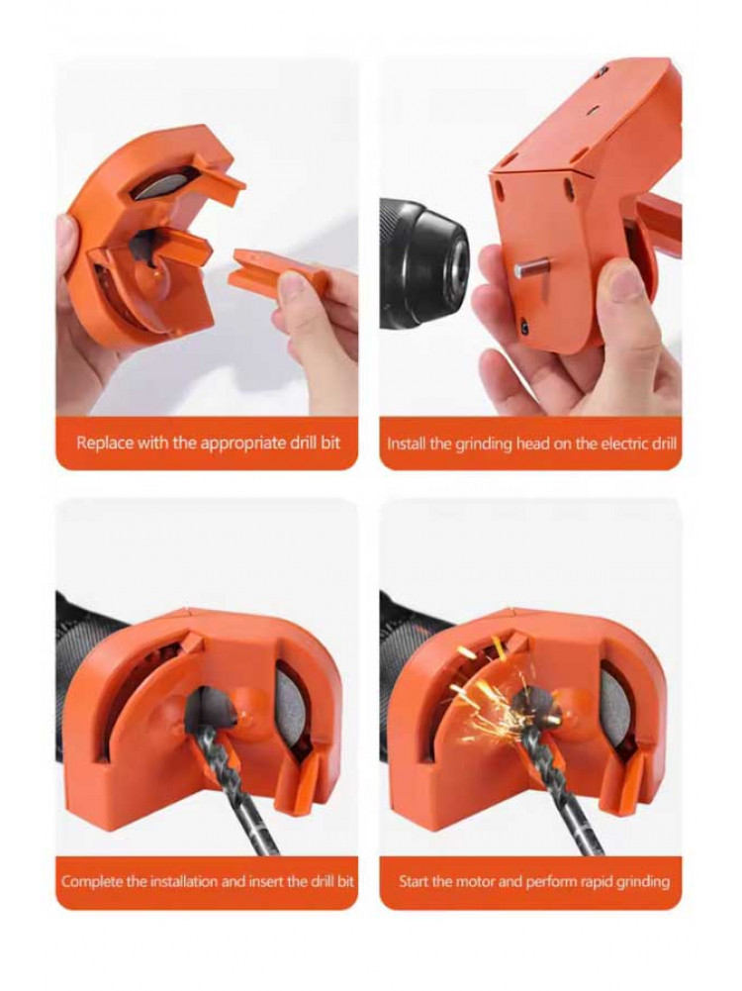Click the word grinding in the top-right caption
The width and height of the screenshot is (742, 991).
pyautogui.click(x=485, y=445)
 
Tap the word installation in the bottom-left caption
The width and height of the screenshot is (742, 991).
pyautogui.click(x=184, y=881)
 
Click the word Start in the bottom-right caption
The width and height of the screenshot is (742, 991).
pyautogui.click(x=413, y=881)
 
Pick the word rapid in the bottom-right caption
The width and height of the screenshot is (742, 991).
pyautogui.click(x=573, y=882)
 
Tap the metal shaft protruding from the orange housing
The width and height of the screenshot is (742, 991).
pyautogui.click(x=531, y=268)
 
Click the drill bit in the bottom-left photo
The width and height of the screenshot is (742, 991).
pyautogui.click(x=233, y=777)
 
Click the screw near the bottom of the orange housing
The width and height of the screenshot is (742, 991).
pyautogui.click(x=524, y=327)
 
